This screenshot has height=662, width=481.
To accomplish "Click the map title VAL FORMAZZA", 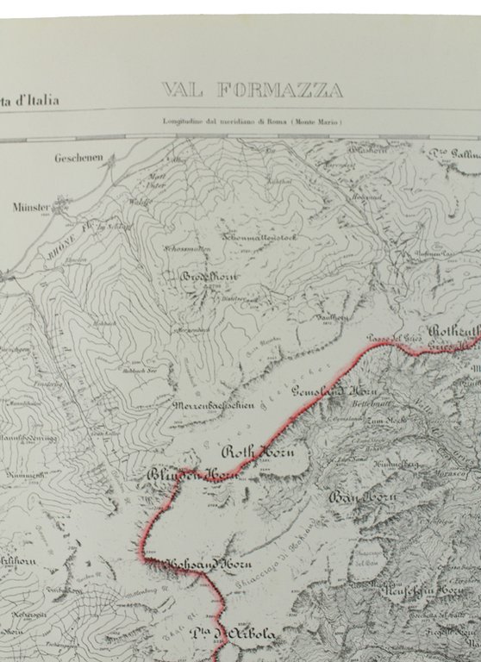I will coord(252,90).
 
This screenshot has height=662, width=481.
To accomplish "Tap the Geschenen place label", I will coord(78,158).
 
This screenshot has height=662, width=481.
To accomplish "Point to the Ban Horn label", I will coord(360,497).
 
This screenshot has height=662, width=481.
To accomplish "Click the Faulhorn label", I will coord(334,317).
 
